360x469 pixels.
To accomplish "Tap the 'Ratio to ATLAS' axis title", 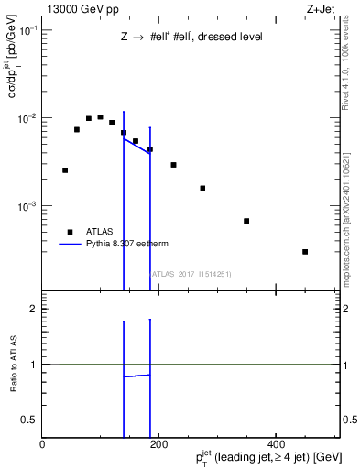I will point(15,365).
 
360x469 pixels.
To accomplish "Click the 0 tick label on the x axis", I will point(42,442).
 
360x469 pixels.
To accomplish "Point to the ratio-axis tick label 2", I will point(32,309).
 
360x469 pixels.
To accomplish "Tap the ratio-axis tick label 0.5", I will point(27,420).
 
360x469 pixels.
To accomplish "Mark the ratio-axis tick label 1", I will point(32,365).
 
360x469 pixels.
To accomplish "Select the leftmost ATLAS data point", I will point(65,170).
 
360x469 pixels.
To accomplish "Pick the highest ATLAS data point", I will point(100,117).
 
